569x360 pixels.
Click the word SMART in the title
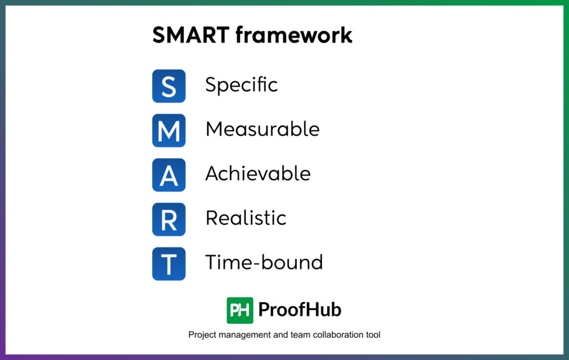click(x=191, y=35)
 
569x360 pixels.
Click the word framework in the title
click(x=294, y=35)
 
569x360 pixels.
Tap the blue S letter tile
click(x=169, y=86)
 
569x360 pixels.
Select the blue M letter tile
click(x=169, y=131)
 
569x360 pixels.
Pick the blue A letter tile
click(x=169, y=175)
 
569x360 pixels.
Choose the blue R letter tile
click(x=169, y=219)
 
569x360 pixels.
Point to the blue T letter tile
click(x=169, y=264)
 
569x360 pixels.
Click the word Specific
click(x=241, y=85)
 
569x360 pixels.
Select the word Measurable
click(x=262, y=129)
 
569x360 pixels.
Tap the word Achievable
click(x=258, y=174)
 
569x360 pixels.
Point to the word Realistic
click(x=246, y=218)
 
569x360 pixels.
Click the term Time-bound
click(x=264, y=262)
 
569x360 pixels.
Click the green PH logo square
click(x=240, y=310)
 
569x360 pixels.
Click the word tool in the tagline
click(x=373, y=335)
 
